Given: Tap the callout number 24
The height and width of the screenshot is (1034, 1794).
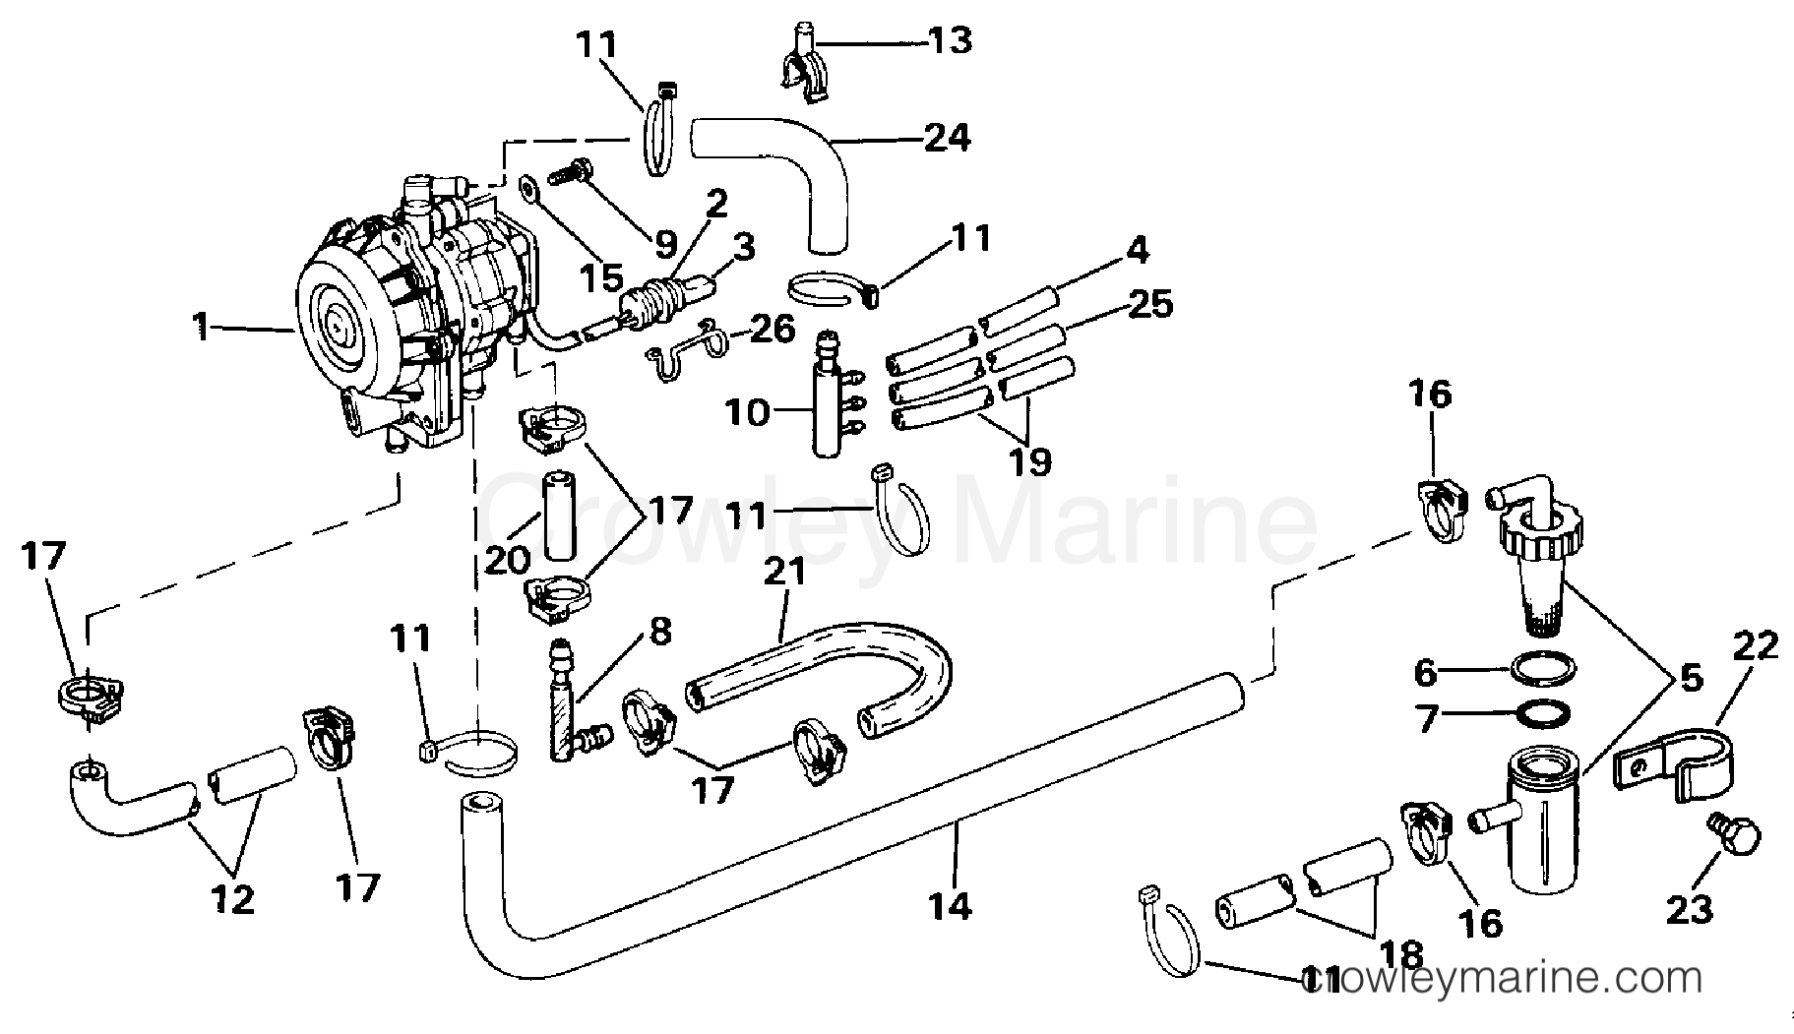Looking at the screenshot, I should (x=947, y=138).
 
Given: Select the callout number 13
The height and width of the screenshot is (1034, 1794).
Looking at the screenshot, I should (x=951, y=40).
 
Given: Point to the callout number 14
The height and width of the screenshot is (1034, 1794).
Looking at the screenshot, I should (x=950, y=904).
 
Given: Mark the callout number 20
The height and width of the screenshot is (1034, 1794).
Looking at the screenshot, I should (x=508, y=560).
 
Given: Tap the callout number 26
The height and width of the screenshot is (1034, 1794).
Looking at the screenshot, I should (x=772, y=329).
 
